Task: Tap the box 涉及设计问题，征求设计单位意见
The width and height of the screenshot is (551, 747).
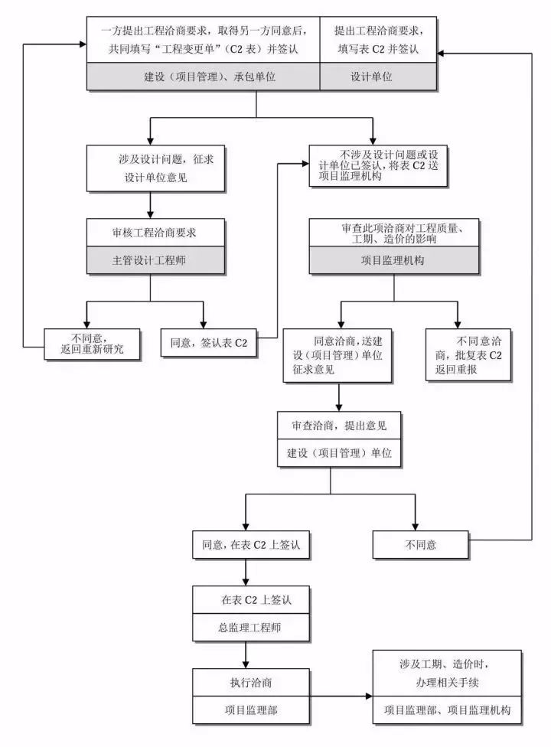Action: pyautogui.click(x=156, y=168)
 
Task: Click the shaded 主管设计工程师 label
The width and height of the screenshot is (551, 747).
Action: pyautogui.click(x=156, y=259)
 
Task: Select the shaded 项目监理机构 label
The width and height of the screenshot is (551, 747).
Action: pyautogui.click(x=393, y=260)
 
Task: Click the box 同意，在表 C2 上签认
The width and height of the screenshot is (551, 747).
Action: pyautogui.click(x=246, y=545)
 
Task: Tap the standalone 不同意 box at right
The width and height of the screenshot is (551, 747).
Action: pyautogui.click(x=416, y=545)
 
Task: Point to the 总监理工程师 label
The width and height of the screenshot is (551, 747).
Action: pyautogui.click(x=246, y=628)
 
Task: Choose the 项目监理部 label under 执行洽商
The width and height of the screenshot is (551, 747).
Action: pyautogui.click(x=246, y=709)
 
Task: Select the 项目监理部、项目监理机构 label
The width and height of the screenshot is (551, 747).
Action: pyautogui.click(x=447, y=710)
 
